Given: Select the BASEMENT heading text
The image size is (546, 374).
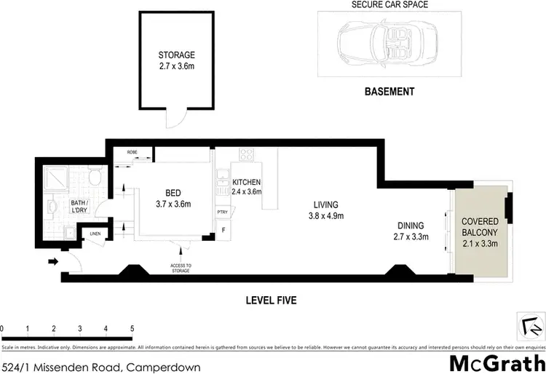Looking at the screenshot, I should coord(389,92).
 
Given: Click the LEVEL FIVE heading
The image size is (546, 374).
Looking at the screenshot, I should coord(270,300).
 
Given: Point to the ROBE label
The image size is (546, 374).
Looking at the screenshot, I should coord(132,152).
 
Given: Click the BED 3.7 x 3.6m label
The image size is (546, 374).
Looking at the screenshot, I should coord(173,198).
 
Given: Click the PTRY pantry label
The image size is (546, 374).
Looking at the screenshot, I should coord(222,212).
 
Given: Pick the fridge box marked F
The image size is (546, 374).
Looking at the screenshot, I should coord(223,231).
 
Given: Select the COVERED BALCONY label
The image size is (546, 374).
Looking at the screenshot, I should coord(480,231).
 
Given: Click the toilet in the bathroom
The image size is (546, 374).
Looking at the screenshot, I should coord(92,176).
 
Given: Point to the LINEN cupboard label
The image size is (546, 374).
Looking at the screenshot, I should coord(95,234).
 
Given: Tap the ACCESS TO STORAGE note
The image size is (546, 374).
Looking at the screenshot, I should coord(181,268).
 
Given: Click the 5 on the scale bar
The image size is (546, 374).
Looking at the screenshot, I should coord(132,328).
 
